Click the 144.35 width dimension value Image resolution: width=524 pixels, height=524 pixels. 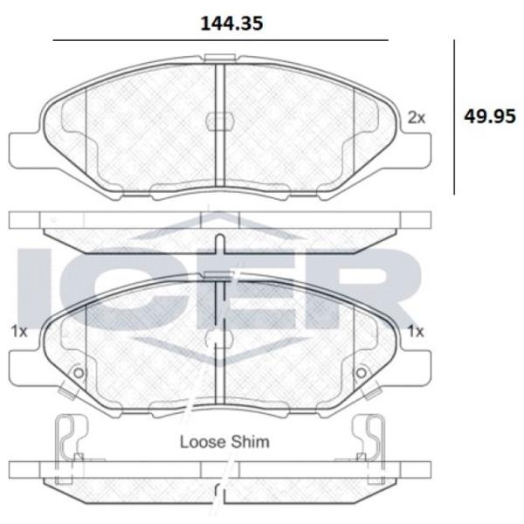231,24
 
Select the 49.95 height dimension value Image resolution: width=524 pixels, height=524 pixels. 490,117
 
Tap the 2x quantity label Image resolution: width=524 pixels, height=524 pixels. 417,118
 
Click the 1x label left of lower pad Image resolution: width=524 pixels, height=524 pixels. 18,332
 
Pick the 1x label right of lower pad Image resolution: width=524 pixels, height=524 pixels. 416,332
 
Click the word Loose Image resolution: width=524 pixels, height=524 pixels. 203,442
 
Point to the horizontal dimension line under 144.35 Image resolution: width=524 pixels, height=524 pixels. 221,40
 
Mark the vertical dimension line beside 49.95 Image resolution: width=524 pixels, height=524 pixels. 454,117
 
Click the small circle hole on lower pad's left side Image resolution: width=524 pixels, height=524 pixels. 79,373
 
